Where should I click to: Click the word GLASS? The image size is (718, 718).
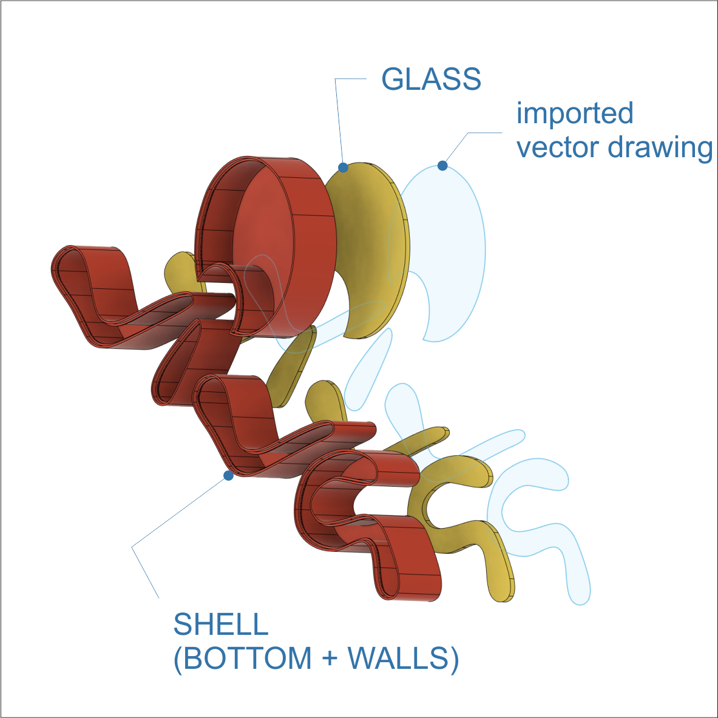[x=431, y=80]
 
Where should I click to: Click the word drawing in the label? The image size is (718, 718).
[x=660, y=148]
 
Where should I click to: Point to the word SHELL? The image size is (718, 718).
[x=221, y=624]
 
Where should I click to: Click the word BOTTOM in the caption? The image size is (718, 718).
[x=248, y=659]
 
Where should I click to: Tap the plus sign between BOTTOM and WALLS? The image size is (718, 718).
[x=330, y=659]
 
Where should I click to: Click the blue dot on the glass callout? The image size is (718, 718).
[x=343, y=168]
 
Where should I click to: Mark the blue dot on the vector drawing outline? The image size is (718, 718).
[x=442, y=166]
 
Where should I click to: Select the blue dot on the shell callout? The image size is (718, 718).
[x=228, y=476]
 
